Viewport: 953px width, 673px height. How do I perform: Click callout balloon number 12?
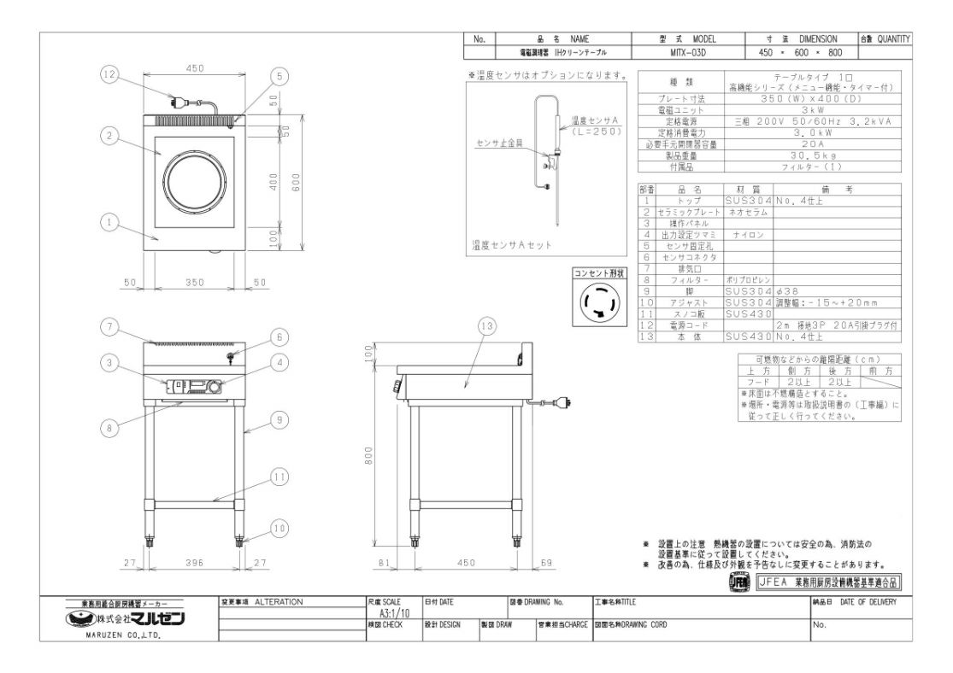[109, 75]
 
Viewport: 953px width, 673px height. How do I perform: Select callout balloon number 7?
[109, 325]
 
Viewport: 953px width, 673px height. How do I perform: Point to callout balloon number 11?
[279, 477]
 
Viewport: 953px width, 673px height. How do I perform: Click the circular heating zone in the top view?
[197, 178]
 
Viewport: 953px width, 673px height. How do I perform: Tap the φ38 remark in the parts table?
[790, 290]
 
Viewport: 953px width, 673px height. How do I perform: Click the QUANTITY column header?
[893, 39]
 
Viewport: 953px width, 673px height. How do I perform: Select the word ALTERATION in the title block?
[279, 602]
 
